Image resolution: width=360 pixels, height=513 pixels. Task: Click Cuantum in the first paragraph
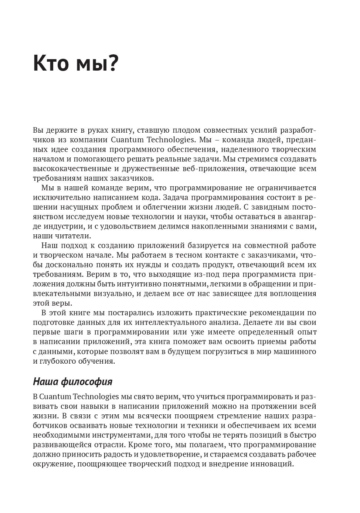pos(125,140)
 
